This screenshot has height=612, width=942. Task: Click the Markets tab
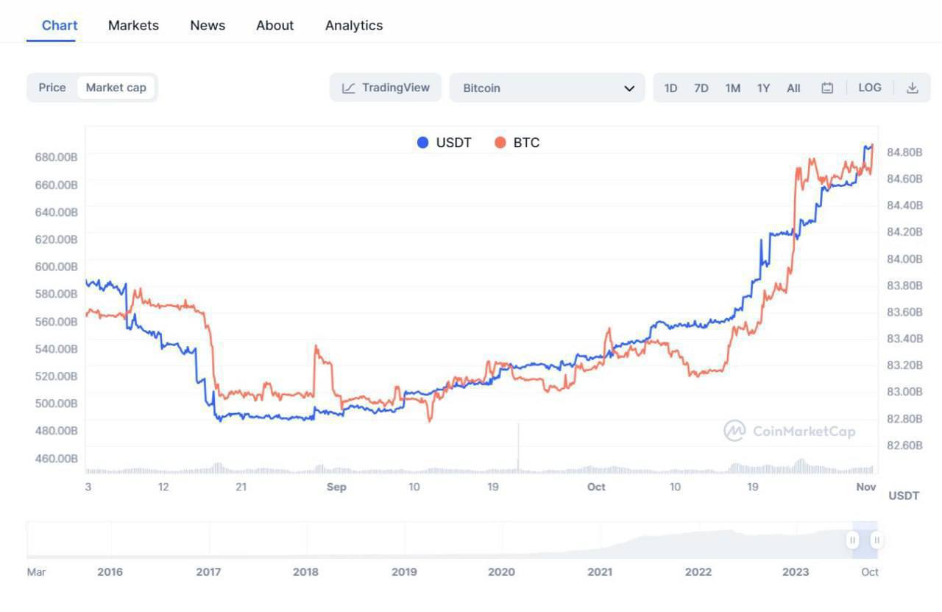[x=133, y=25]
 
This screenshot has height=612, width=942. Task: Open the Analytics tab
[x=354, y=25]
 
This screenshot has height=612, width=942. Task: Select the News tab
[x=208, y=25]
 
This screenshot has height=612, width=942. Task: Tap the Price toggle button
[x=52, y=87]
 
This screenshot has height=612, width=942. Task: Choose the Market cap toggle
[x=116, y=87]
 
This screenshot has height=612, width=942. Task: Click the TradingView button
[x=386, y=88]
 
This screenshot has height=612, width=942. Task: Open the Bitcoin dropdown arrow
[x=629, y=88]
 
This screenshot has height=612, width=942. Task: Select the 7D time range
[x=701, y=88]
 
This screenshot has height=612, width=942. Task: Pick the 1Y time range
[x=763, y=88]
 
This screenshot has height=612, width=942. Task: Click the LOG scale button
[x=870, y=88]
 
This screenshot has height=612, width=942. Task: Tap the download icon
[x=913, y=88]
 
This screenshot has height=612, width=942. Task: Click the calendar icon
[x=827, y=88]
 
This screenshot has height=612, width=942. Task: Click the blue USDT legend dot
[x=422, y=143]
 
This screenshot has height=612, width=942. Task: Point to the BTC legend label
[x=526, y=143]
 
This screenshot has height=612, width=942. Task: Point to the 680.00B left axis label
[x=56, y=156]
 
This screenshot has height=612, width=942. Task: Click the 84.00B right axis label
[x=904, y=258]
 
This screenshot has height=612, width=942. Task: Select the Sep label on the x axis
[x=336, y=487]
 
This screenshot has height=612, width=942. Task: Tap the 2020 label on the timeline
[x=501, y=571]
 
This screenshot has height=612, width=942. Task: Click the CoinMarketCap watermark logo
[x=734, y=431]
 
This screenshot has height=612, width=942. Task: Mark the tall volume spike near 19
[x=518, y=446]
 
